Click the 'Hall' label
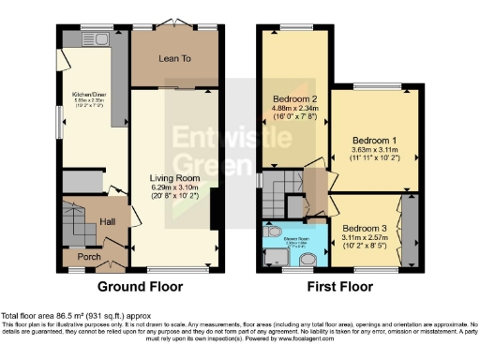pos(108,221)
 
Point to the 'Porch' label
pos(89,257)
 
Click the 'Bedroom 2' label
pos(292,98)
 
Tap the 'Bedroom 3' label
pos(364,228)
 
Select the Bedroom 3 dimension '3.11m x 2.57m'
pos(364,238)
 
